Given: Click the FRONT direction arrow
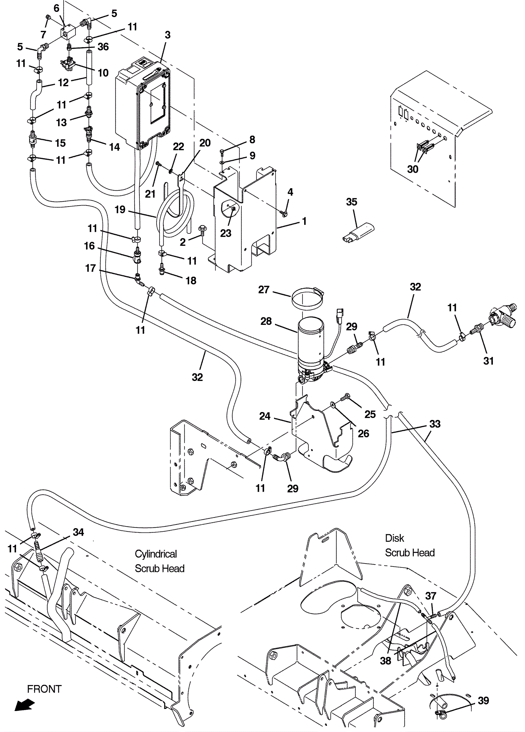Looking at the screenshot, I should [25, 704].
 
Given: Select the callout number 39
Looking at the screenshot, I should [483, 701].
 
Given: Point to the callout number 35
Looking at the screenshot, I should [351, 202].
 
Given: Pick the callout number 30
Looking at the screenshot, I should [412, 169].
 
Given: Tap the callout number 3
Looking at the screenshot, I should [168, 35].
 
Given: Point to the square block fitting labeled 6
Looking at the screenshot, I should [68, 32].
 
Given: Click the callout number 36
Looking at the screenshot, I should [103, 47].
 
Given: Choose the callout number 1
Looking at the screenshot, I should [304, 221].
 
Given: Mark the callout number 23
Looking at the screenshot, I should [226, 233].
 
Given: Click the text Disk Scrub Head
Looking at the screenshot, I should [409, 545].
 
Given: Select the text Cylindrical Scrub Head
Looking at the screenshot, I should [159, 561].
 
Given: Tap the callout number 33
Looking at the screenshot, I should [435, 424].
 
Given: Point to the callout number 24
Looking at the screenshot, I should [265, 416].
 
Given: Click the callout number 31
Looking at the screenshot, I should [489, 361].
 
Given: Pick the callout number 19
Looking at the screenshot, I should [120, 209].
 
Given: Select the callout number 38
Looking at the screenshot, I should [386, 661].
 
